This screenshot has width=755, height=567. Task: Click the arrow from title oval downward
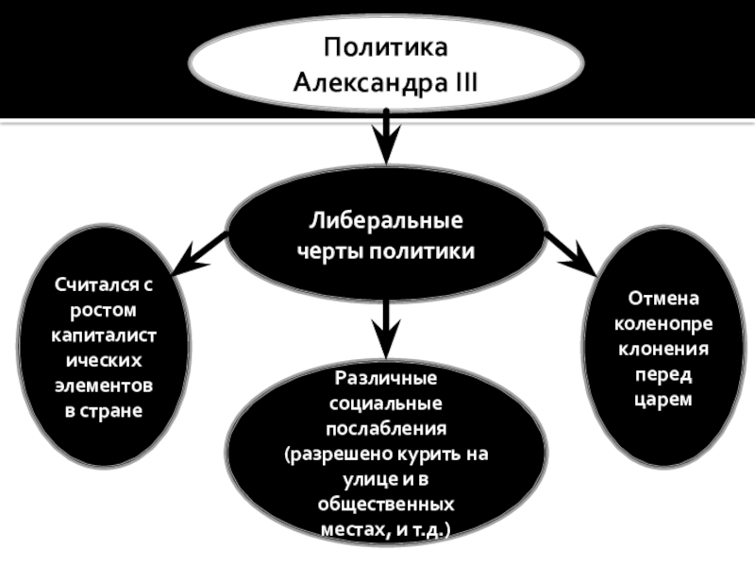tap(386, 137)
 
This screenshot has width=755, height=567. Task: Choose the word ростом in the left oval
tap(103, 309)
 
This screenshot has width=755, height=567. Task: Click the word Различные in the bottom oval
tap(386, 379)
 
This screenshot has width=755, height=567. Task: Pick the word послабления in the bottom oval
tap(386, 430)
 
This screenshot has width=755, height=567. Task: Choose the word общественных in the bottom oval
tap(386, 506)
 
